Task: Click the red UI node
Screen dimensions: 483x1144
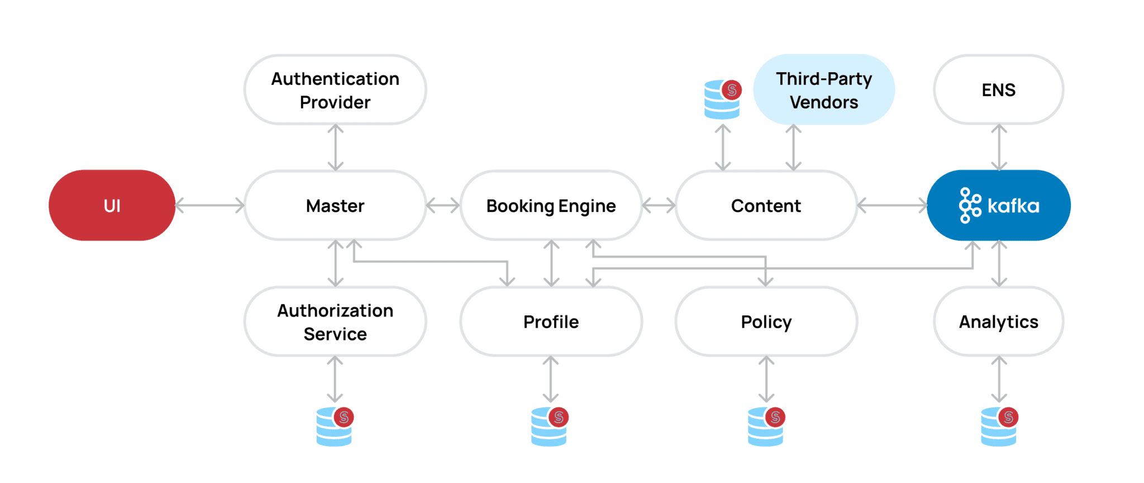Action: [112, 206]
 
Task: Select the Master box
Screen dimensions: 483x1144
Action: [335, 206]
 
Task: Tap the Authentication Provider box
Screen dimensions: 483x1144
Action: [335, 90]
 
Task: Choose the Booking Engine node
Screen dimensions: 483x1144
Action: [551, 206]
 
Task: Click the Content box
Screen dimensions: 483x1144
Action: [766, 206]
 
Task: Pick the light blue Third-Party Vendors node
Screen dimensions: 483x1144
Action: [823, 90]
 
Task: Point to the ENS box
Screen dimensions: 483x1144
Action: [998, 90]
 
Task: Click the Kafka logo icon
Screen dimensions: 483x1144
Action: [970, 206]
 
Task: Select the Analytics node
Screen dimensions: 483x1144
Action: [998, 322]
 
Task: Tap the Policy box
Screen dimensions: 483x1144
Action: [766, 322]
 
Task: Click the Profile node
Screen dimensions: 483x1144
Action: [551, 322]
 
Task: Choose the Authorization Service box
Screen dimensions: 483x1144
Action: [335, 322]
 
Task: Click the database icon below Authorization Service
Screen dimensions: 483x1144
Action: [335, 427]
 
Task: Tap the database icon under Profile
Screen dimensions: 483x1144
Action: [550, 427]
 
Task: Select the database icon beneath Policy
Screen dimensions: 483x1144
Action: [766, 427]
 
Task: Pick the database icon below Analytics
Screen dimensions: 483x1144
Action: [999, 427]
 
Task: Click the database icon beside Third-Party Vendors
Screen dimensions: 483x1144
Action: [722, 100]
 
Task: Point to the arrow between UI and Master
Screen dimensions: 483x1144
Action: [209, 206]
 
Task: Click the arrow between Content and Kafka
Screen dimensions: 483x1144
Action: [892, 206]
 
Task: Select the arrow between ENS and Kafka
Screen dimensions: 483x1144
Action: [999, 148]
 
